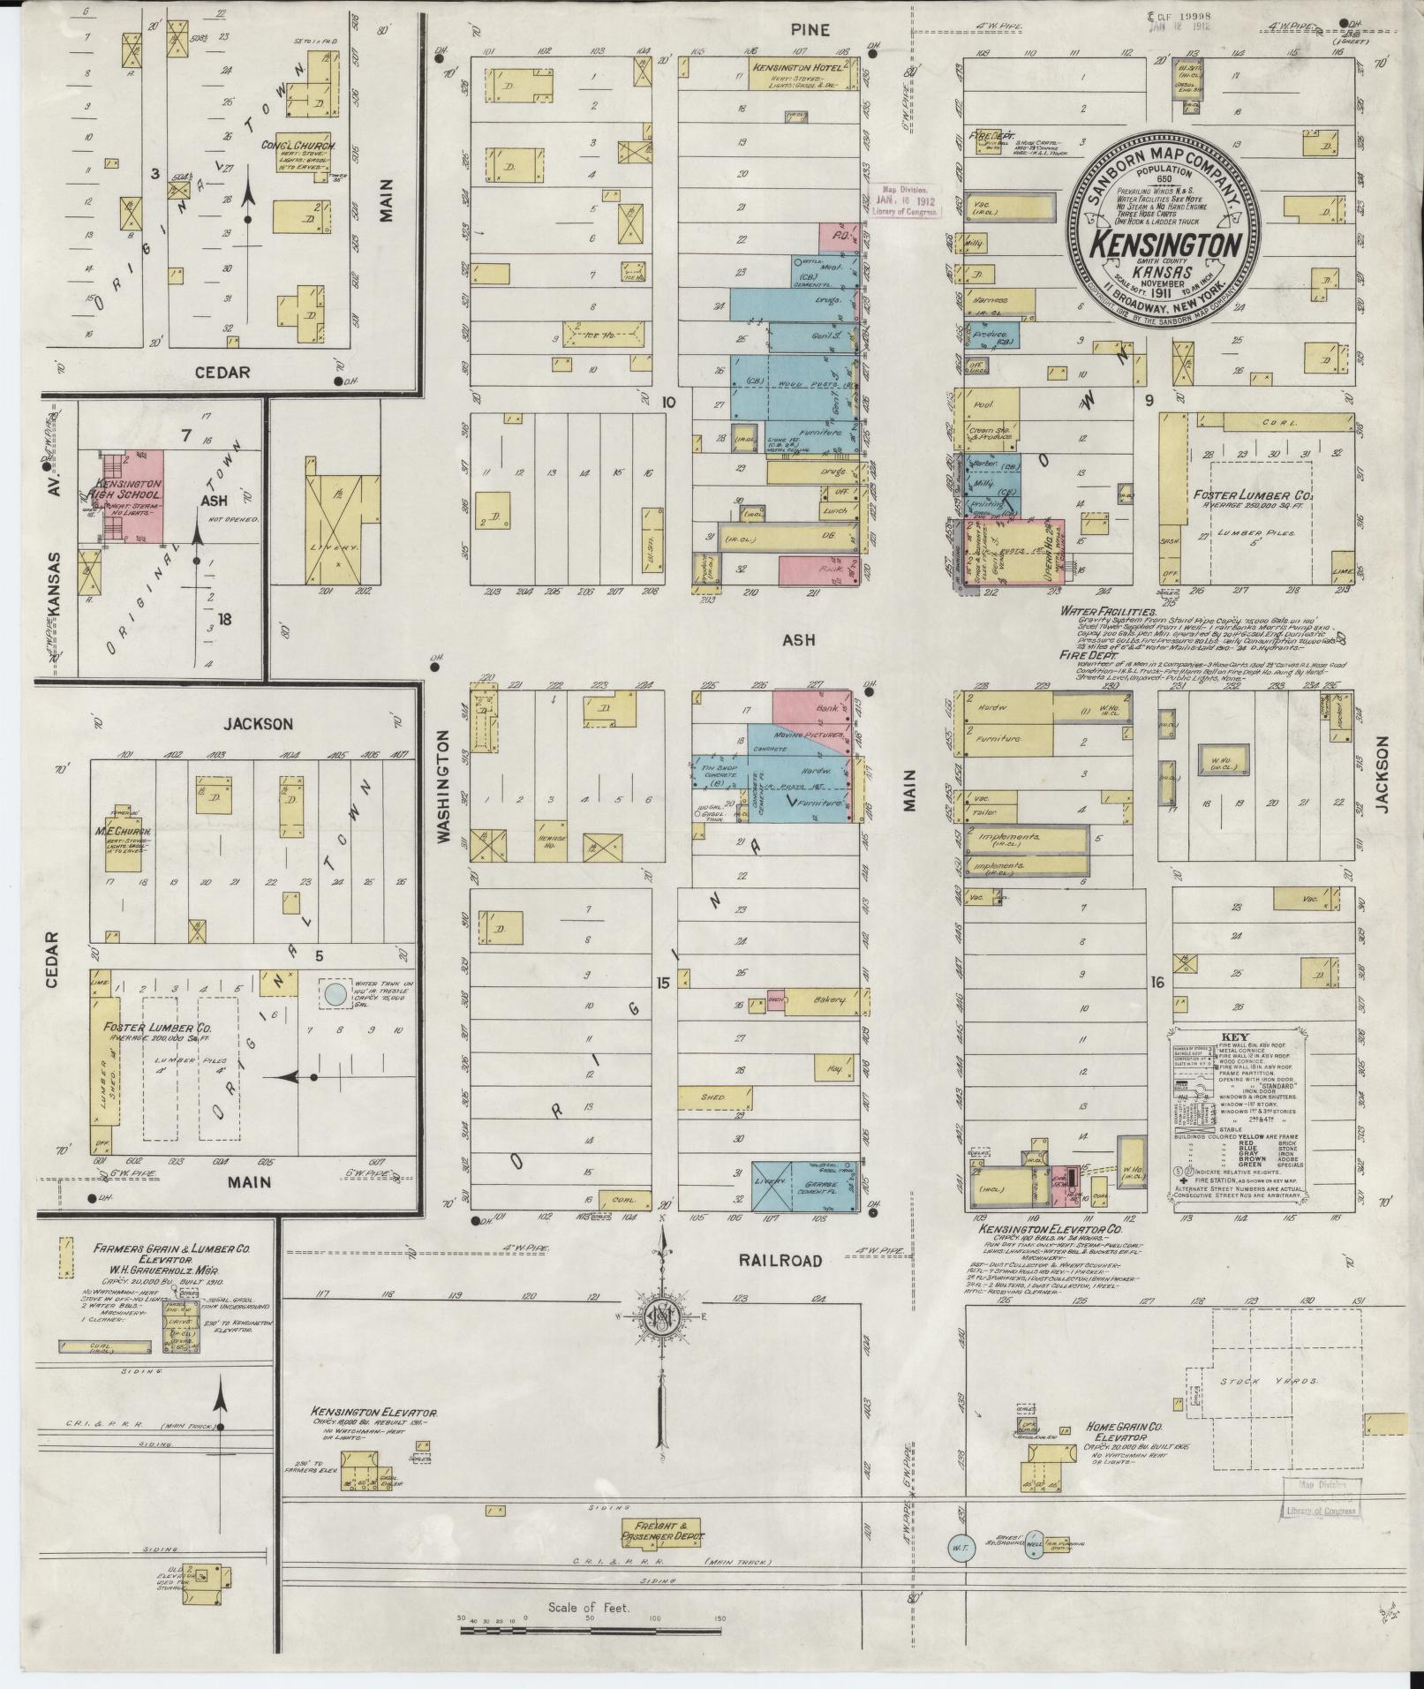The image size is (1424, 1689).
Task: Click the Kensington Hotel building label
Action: point(794,67)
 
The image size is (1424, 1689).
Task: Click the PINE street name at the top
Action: point(810,30)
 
